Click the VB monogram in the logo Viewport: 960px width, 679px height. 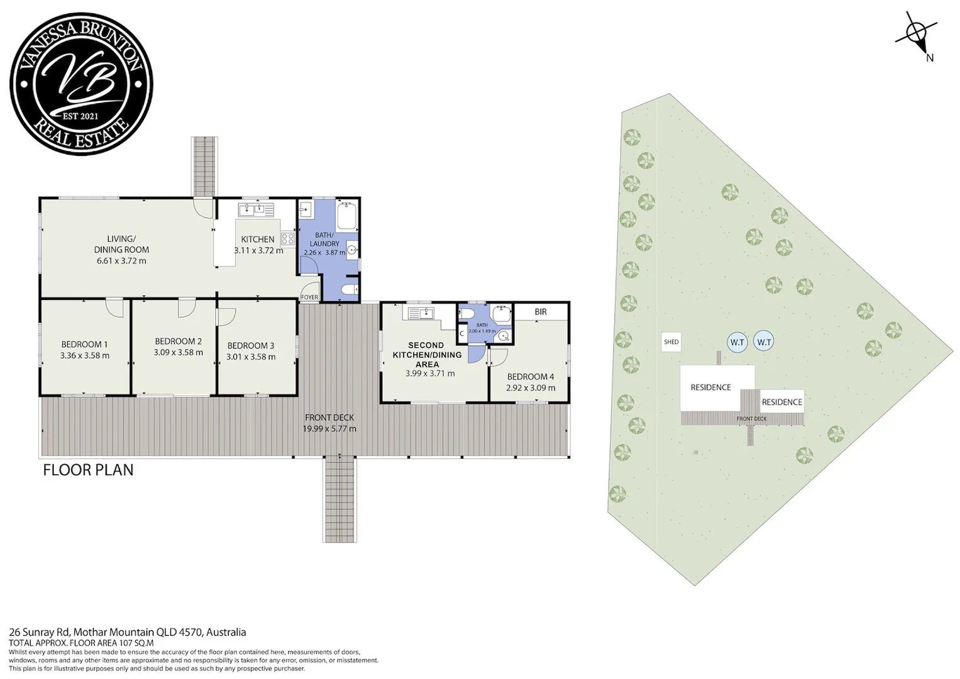click(82, 82)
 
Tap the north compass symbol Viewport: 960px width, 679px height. click(916, 37)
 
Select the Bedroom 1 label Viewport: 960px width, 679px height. click(84, 345)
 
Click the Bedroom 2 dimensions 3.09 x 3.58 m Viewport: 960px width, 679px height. click(179, 352)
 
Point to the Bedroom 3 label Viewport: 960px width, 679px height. click(251, 346)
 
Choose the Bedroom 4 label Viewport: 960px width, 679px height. click(531, 377)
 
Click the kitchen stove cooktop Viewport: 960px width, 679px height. click(287, 238)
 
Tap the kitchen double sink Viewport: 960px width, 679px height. click(256, 209)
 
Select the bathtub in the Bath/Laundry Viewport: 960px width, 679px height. click(347, 217)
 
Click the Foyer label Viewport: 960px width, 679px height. click(309, 297)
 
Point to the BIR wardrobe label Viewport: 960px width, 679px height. click(541, 312)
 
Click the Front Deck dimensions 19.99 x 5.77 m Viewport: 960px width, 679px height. click(329, 429)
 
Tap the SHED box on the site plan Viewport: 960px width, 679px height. click(671, 342)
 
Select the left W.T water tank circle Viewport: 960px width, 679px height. click(737, 343)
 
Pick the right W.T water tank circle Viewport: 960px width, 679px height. click(764, 342)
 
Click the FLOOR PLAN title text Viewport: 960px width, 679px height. click(88, 470)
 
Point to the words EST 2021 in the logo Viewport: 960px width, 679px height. click(80, 116)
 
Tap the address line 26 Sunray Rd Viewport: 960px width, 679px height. click(40, 632)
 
